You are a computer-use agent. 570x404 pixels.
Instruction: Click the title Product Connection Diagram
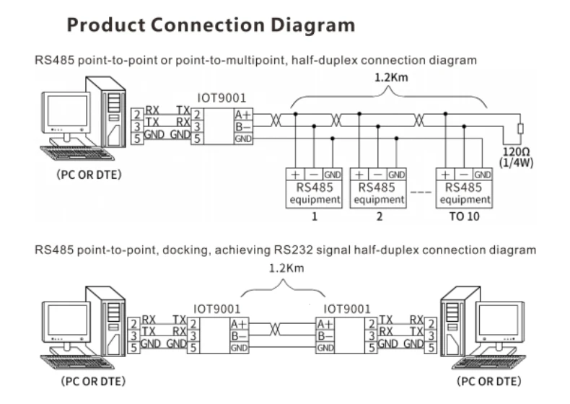(211, 25)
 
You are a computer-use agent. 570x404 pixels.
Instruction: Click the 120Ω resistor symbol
(519, 130)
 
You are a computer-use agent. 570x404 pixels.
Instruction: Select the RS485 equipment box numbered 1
(315, 188)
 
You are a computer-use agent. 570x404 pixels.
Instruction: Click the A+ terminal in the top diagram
(242, 114)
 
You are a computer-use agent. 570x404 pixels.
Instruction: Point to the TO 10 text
(465, 216)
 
